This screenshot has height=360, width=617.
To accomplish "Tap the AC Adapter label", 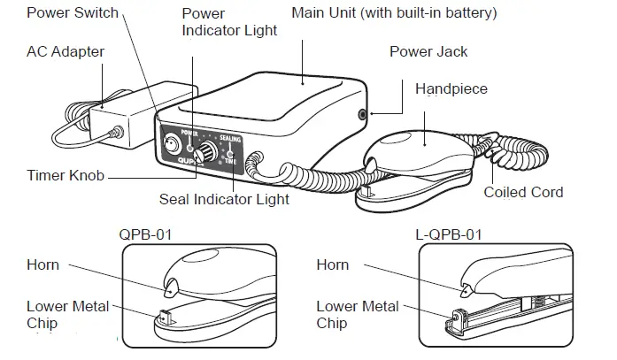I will pos(65,51).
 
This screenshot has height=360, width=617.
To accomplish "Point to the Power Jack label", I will pos(428,51).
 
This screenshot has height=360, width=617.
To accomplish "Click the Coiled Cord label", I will pos(523,192).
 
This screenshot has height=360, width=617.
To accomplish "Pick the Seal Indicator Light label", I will pos(224,199).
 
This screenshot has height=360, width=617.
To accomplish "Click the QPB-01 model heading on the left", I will pos(145,235).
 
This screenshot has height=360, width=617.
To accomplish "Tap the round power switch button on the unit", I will pos(174,142).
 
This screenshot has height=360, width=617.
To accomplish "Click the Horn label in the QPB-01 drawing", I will pos(42,264).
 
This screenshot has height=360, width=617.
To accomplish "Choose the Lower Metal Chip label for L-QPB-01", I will pos(358,315).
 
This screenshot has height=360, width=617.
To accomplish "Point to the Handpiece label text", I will pos(451,89).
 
